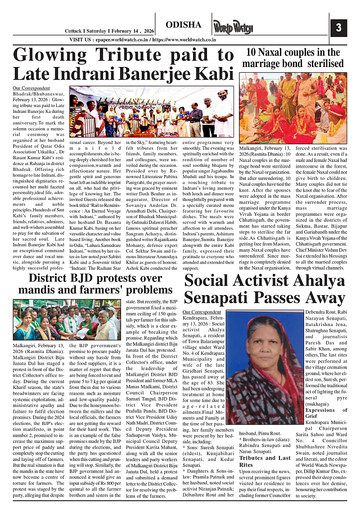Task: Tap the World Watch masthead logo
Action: point(233,27)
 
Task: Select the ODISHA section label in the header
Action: point(183,25)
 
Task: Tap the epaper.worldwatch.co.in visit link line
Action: point(143,40)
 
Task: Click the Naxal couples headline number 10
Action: point(251,52)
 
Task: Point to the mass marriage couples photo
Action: point(292,108)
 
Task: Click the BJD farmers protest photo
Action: point(67,320)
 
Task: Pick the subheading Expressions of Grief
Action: point(326,413)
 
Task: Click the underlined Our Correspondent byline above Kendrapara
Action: point(202,312)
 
